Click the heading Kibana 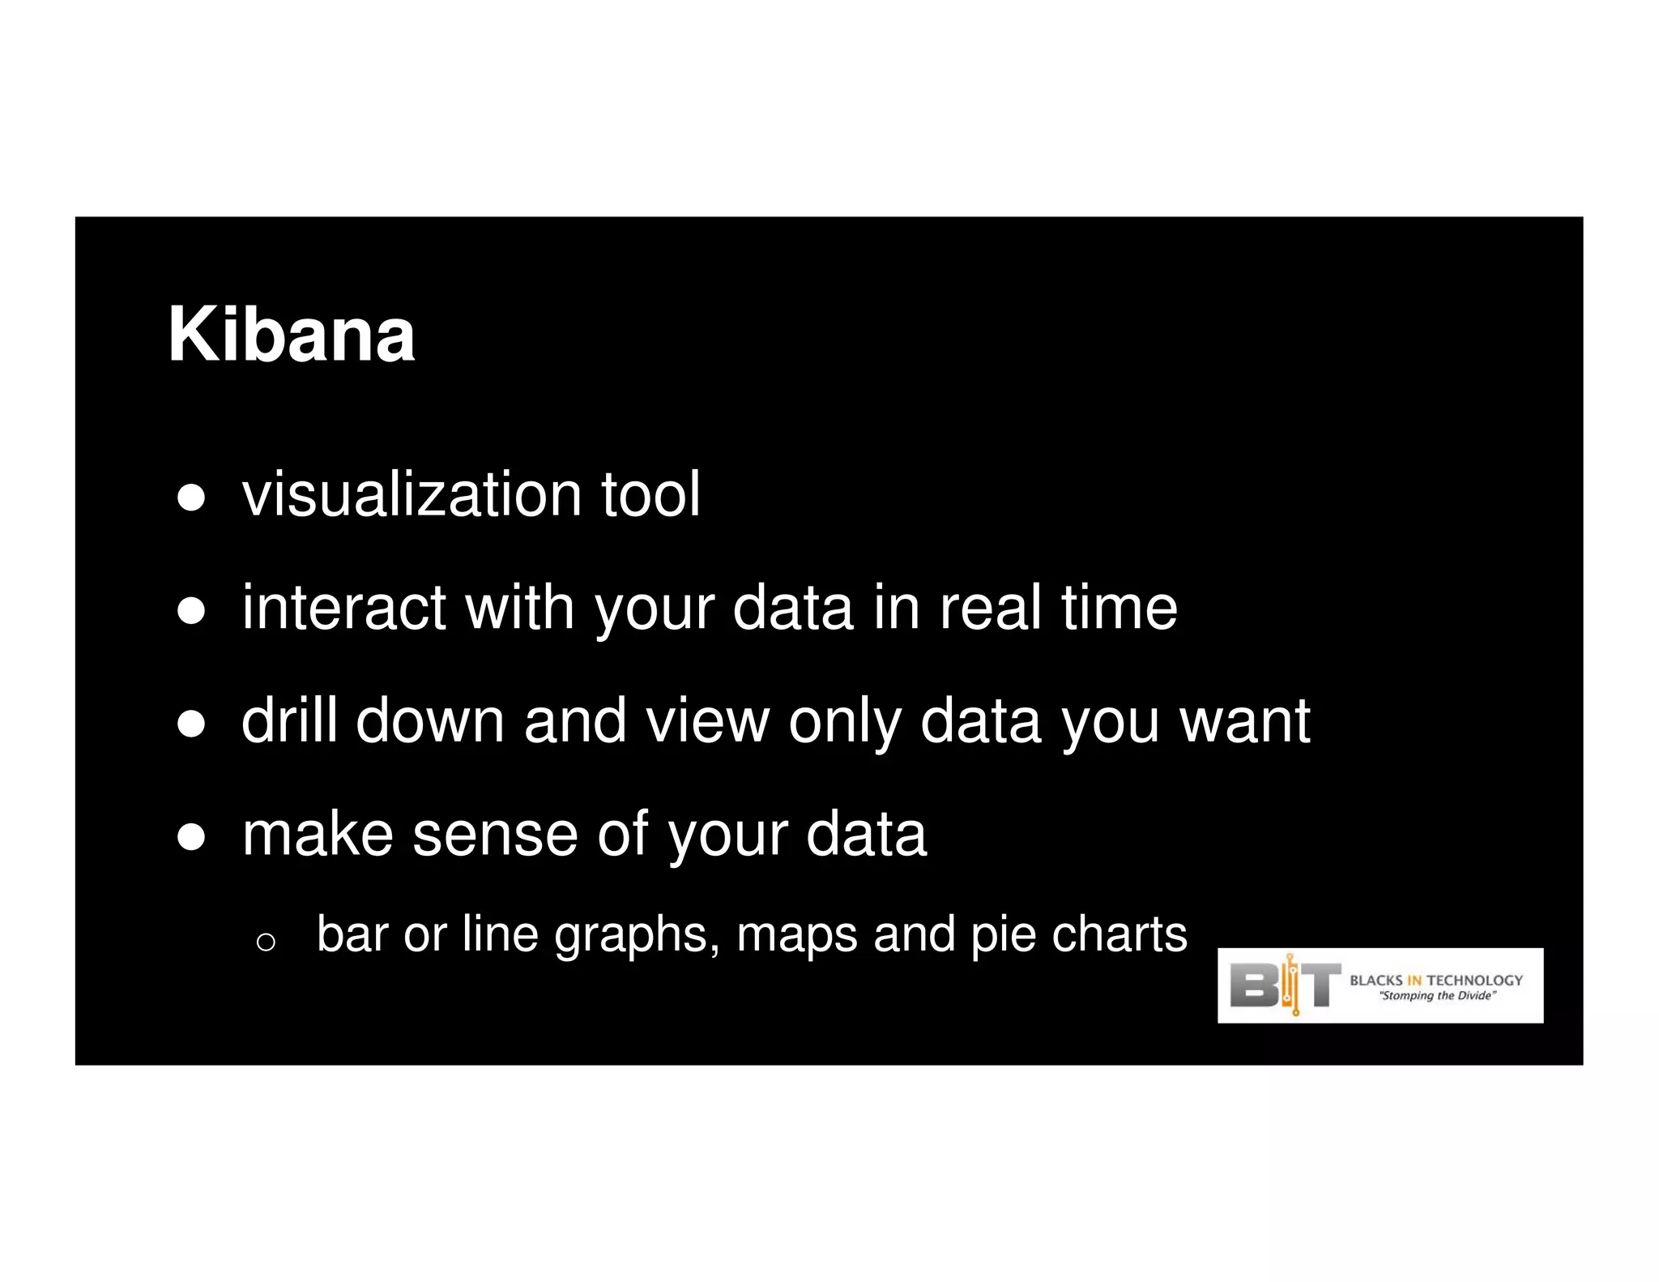coord(291,335)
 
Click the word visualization coord(411,494)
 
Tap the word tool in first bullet coord(650,494)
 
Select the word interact coord(343,608)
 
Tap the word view coord(707,720)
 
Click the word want coord(1244,722)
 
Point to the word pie coord(1002,935)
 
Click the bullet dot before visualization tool coord(191,498)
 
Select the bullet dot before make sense coord(191,838)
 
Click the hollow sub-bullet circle coord(266,942)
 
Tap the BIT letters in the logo coord(1285,985)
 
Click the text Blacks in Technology coord(1435,980)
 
